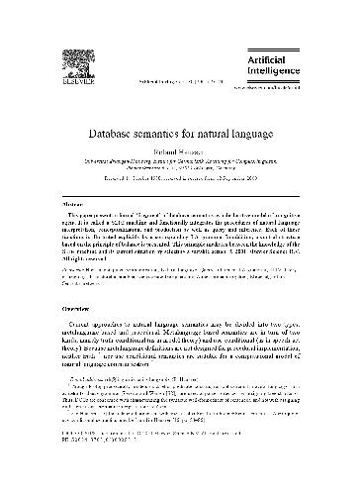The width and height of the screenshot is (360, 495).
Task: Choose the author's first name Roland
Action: tap(162, 150)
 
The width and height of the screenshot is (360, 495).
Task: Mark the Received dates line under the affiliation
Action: tap(179, 178)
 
